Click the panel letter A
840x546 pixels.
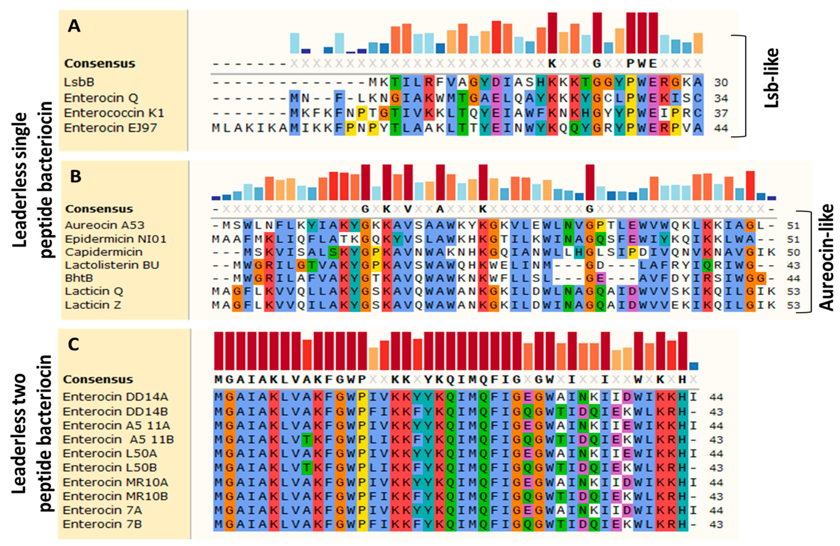tap(74, 27)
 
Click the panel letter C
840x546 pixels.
tap(73, 344)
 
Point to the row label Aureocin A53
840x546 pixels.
tap(105, 225)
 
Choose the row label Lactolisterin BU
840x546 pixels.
tap(112, 265)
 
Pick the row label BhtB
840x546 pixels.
tap(79, 278)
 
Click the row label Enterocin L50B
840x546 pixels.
tap(110, 468)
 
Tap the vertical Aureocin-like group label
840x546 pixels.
tap(826, 258)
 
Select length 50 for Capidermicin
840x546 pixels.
tap(793, 252)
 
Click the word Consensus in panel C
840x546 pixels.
tap(98, 379)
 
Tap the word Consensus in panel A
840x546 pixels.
tap(100, 64)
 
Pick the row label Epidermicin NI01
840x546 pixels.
tap(115, 239)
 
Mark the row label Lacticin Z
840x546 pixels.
tap(93, 305)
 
